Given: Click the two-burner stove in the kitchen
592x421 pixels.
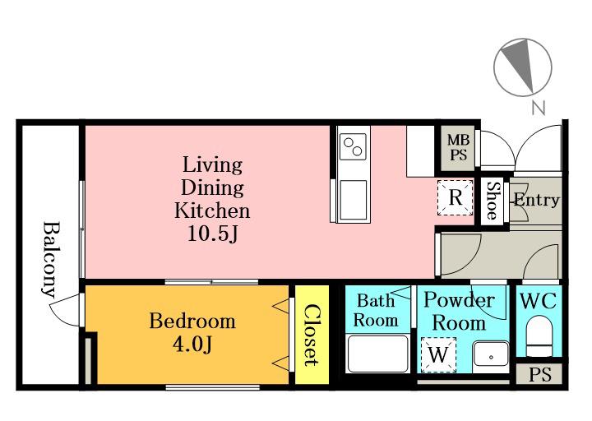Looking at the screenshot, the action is point(353,146).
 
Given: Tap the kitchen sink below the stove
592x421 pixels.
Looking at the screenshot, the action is point(354,200).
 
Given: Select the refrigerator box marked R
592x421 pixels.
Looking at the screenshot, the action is point(456,197).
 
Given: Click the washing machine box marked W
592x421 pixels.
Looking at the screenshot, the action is point(438,354).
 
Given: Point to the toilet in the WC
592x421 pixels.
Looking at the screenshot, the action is point(539,335).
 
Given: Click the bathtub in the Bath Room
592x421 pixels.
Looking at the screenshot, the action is point(378,354).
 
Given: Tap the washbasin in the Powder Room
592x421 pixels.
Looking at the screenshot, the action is point(491,354).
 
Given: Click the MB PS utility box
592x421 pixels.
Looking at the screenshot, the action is point(458,148).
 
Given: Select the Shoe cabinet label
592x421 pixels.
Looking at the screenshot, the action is point(493,201).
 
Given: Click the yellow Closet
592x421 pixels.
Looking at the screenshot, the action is point(312,335).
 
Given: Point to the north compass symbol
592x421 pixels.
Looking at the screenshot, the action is point(523,67).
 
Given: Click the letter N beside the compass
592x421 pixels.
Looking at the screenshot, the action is point(539,109).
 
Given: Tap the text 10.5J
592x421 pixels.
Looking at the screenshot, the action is point(213,234).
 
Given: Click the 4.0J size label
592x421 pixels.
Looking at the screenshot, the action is point(192,344).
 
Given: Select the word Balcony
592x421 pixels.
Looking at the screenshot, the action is point(51,259).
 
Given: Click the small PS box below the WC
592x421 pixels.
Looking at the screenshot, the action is point(539,375).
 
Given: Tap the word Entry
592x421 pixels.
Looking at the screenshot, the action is point(536,200).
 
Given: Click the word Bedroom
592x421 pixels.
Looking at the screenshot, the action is point(192,322).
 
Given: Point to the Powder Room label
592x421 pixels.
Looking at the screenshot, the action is point(459,312).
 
